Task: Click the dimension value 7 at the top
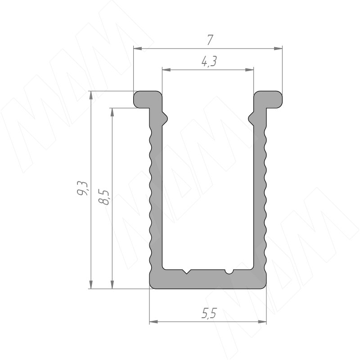(x=210, y=40)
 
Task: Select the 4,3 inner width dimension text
(x=209, y=61)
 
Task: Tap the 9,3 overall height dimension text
(x=82, y=188)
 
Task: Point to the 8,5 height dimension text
(x=103, y=197)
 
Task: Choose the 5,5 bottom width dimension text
(x=209, y=313)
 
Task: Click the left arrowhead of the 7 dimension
(x=138, y=49)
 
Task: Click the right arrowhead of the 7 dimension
(x=278, y=49)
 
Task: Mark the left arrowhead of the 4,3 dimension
(x=166, y=70)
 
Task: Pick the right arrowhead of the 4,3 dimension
(x=249, y=70)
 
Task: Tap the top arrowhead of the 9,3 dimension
(x=91, y=95)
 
